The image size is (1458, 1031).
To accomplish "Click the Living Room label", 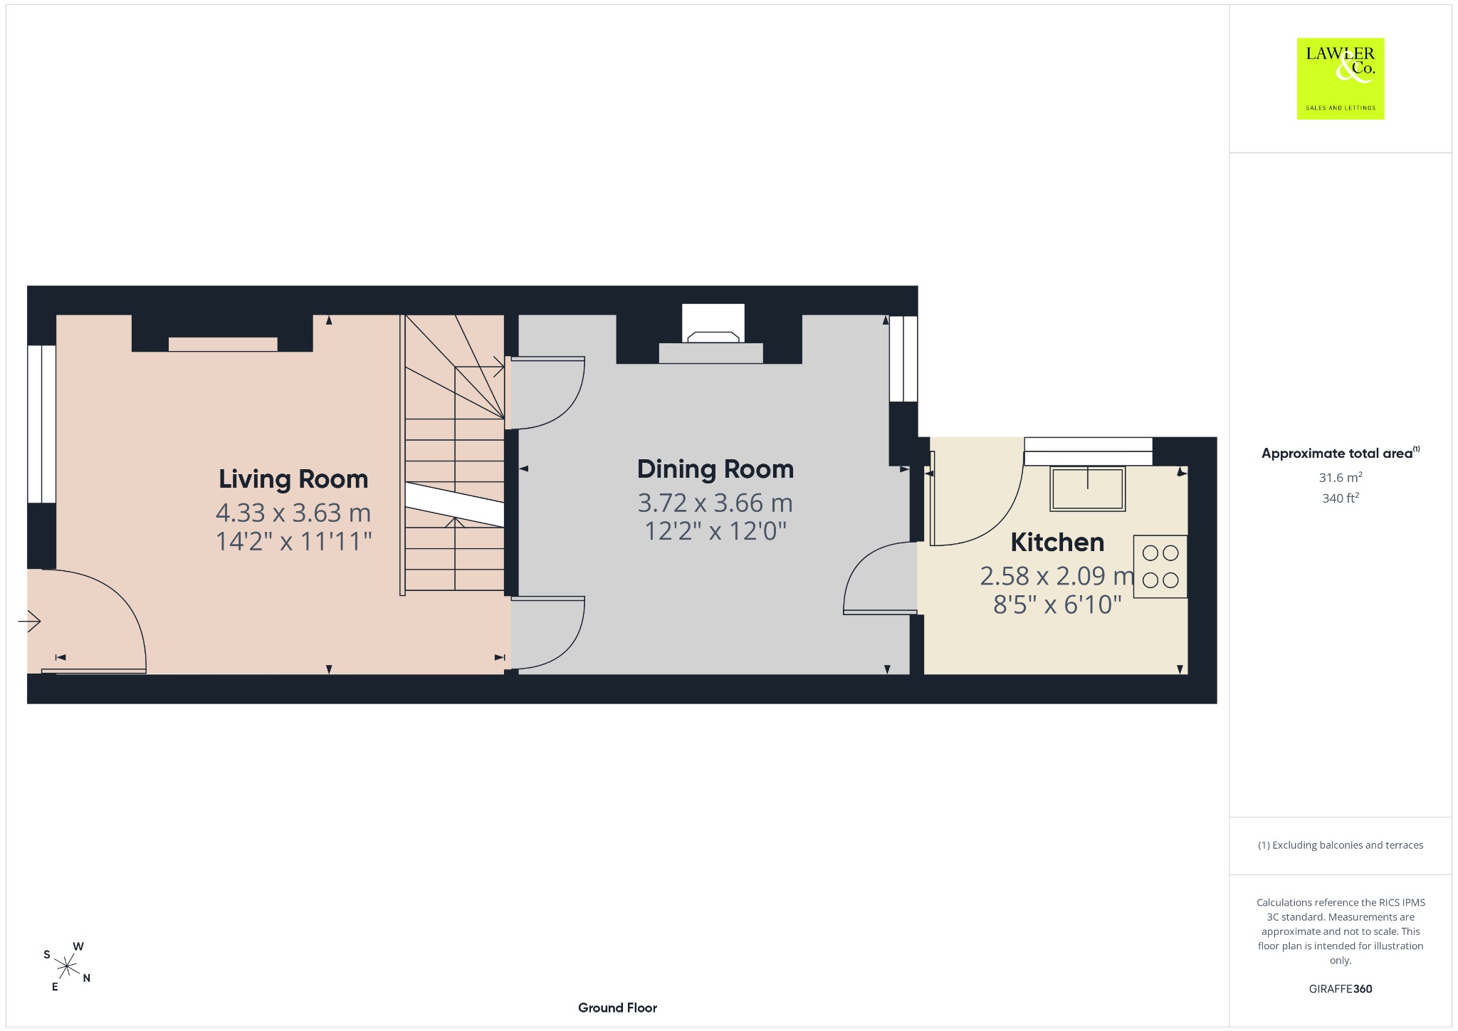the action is pos(293,479).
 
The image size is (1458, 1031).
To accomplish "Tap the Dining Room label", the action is pos(715,470).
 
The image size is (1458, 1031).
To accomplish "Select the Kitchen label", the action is pos(1057,543).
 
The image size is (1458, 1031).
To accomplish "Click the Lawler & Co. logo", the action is pos(1341,78).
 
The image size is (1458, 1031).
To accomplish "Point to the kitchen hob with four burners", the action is pos(1160,566).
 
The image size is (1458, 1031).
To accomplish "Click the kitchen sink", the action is pos(1088,488).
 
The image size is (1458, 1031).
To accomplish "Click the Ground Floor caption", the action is pos(617,1008).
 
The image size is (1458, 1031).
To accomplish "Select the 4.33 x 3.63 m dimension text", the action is pos(293,513).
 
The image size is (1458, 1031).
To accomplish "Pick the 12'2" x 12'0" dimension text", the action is pos(715,531).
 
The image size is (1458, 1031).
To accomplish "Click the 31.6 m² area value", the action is pos(1341,477).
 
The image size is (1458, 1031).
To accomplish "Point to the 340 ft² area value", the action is pos(1341,498).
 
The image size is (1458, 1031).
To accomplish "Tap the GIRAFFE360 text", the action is pos(1341,989).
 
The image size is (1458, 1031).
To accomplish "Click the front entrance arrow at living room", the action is pos(30,622).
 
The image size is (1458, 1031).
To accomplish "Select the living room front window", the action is pos(42,424).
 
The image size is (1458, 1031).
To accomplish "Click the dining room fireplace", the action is pos(712,334).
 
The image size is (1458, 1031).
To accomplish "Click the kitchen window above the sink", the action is pos(1088,451).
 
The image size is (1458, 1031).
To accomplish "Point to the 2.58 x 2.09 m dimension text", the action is pos(1057,576).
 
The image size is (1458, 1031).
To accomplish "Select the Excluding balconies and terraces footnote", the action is pos(1341,845).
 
